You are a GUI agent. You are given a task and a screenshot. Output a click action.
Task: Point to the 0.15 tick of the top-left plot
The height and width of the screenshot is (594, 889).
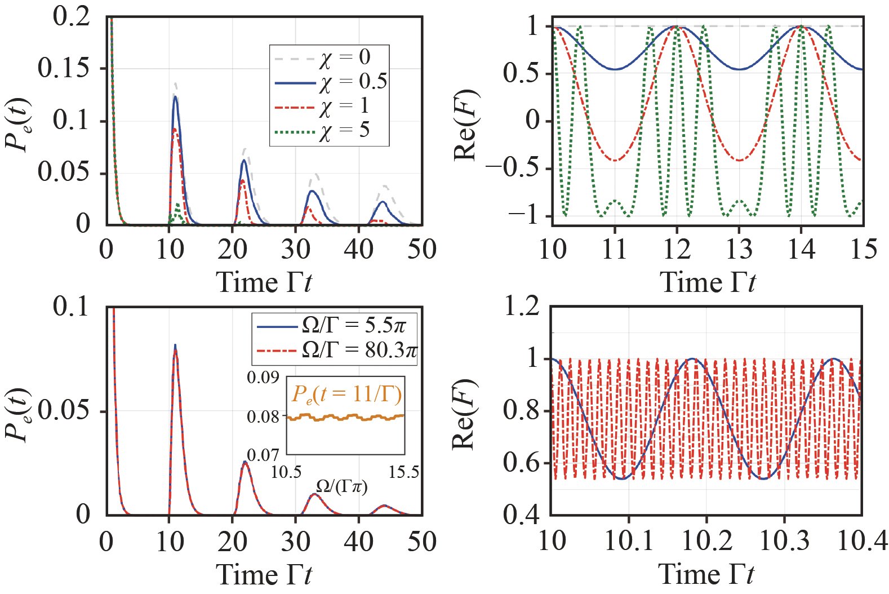(x=63, y=68)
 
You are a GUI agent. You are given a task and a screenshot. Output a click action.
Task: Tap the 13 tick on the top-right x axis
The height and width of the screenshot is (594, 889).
(x=739, y=249)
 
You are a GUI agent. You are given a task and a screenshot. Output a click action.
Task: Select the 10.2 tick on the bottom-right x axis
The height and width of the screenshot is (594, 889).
(x=706, y=541)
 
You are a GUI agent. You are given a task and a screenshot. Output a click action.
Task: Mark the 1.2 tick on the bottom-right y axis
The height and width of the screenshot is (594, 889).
(x=522, y=307)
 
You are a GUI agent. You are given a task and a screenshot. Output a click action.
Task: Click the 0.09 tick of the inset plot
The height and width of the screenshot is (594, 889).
(x=263, y=377)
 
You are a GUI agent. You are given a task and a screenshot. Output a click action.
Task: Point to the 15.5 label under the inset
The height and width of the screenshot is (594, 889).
(x=403, y=472)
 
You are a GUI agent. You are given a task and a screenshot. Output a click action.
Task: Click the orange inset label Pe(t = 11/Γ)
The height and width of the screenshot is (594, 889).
(x=346, y=394)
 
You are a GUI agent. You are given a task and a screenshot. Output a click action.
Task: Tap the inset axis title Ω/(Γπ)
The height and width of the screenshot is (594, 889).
(x=341, y=486)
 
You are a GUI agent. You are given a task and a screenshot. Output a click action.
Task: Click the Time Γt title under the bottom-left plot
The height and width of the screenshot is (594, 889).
(x=264, y=575)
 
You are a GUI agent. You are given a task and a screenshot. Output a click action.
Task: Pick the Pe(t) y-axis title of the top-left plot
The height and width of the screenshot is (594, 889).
(x=18, y=125)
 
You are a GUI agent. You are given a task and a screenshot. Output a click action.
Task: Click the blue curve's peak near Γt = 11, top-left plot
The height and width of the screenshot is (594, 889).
(x=175, y=97)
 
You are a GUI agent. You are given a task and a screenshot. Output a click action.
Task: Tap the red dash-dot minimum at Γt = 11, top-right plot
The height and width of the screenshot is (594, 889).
(x=615, y=161)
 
